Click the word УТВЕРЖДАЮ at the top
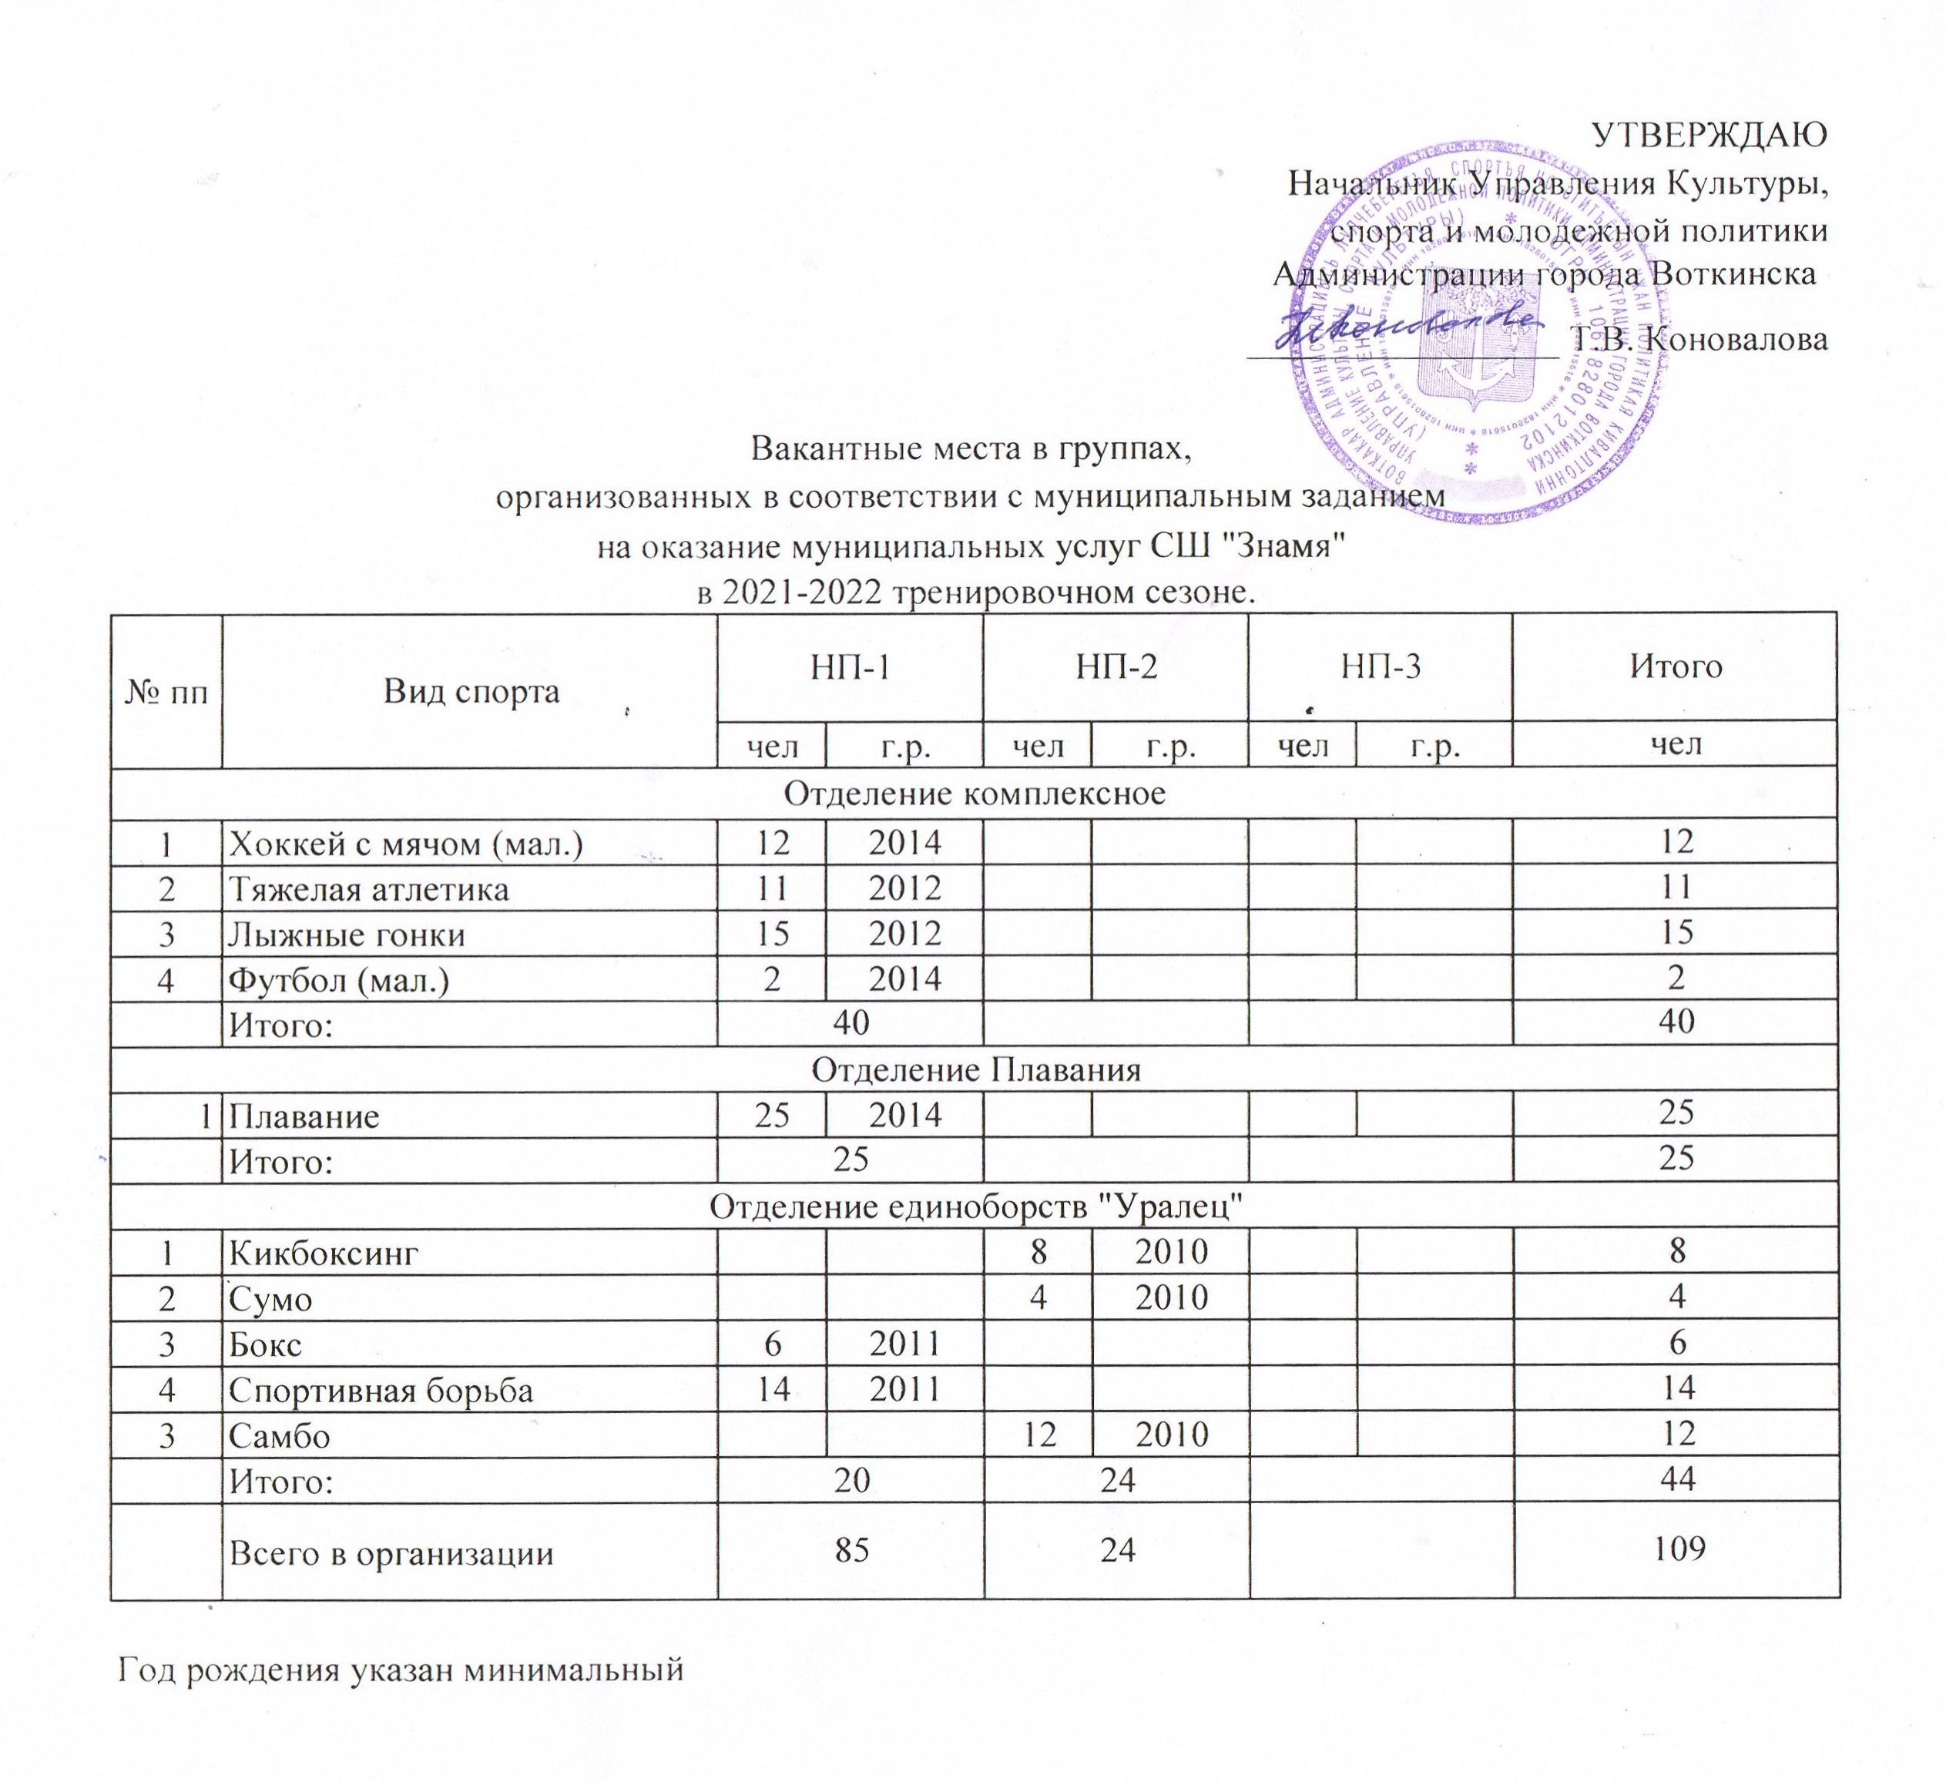[1708, 135]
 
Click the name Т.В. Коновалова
[1698, 339]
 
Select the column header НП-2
[1115, 667]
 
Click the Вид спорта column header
[471, 691]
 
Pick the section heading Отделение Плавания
[975, 1069]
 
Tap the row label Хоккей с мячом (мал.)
[405, 844]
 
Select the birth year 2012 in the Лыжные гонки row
[904, 935]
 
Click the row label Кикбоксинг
[324, 1253]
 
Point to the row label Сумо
[270, 1298]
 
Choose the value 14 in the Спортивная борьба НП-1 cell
[772, 1389]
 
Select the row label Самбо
[279, 1435]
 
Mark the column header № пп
[167, 692]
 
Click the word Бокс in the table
[266, 1344]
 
